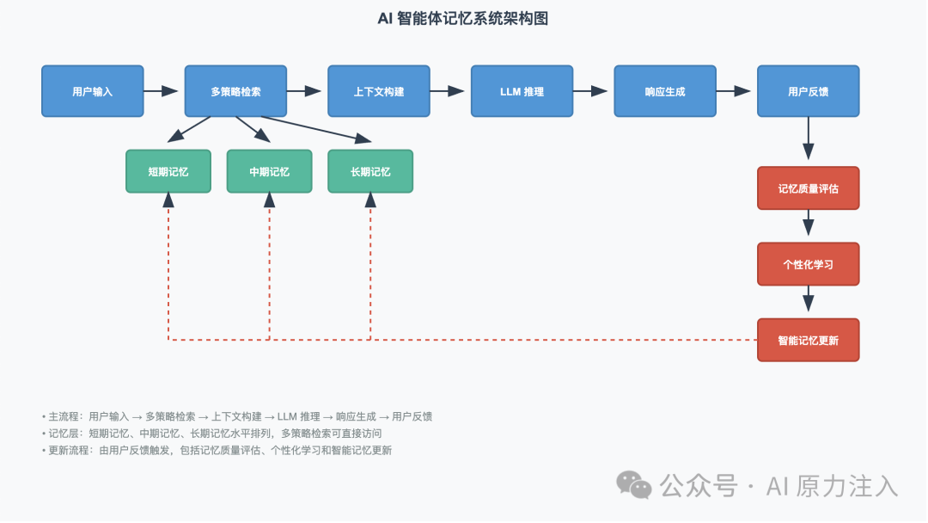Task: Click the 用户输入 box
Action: pos(92,91)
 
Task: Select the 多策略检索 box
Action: pos(235,91)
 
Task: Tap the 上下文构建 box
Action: pos(379,91)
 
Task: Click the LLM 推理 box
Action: pos(522,91)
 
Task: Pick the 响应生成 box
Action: pos(665,91)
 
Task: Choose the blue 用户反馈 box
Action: pos(809,91)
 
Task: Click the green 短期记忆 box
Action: pos(168,172)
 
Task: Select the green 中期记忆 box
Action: pos(269,172)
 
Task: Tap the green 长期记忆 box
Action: pos(370,172)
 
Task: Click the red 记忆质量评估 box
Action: pos(809,188)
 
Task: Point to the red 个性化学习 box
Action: pos(809,264)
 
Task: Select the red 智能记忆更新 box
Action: pos(809,340)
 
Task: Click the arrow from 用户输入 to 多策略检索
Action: pos(161,91)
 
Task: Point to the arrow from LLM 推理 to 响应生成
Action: pos(590,91)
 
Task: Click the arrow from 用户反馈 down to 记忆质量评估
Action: pos(809,138)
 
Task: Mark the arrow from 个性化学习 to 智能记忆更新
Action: pos(809,299)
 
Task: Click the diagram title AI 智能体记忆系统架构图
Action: pos(463,19)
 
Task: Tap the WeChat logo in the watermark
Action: pos(634,486)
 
